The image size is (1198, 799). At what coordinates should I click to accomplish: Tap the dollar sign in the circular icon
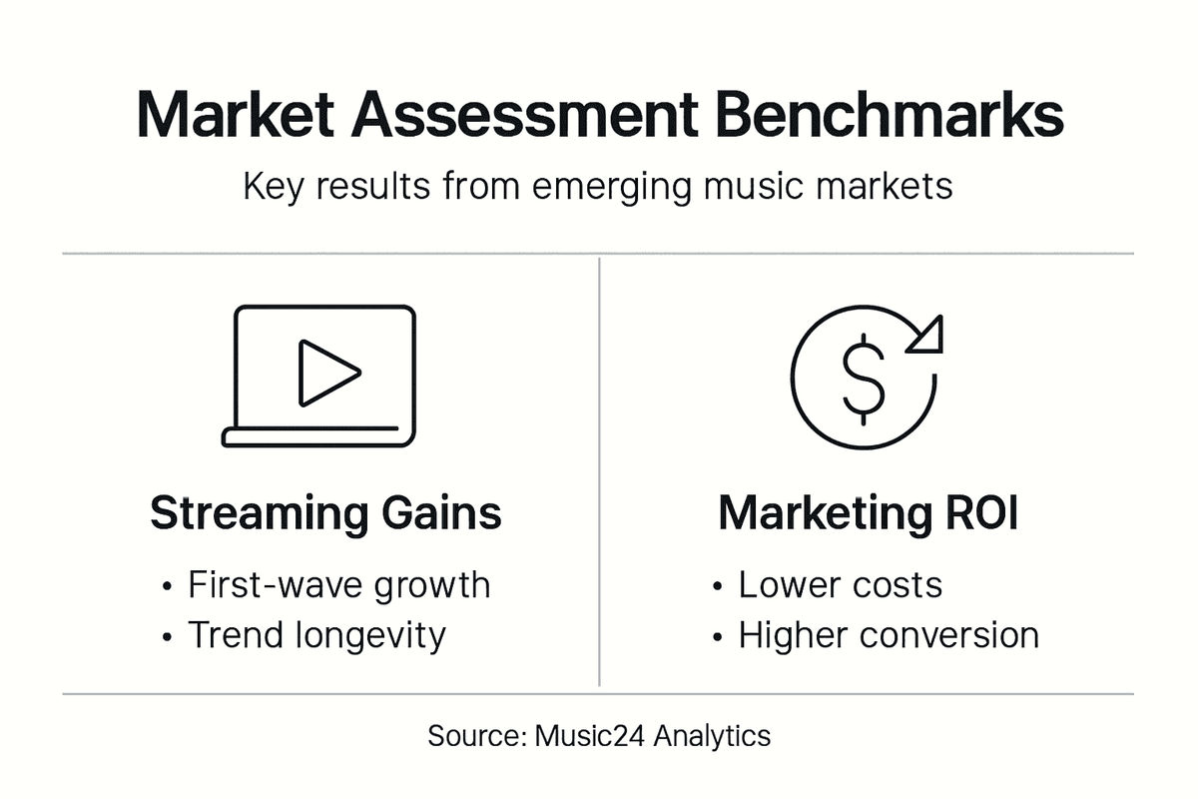[x=863, y=377]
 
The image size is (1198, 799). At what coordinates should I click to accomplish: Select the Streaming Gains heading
[x=325, y=512]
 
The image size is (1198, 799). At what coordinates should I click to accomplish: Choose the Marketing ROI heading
[x=868, y=512]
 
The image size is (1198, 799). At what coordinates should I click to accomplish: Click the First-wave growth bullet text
[x=338, y=584]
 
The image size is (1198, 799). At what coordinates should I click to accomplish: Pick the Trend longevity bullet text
[x=316, y=634]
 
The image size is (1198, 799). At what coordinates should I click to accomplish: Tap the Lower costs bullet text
[x=840, y=584]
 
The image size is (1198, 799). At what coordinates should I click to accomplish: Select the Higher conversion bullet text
[x=889, y=634]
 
